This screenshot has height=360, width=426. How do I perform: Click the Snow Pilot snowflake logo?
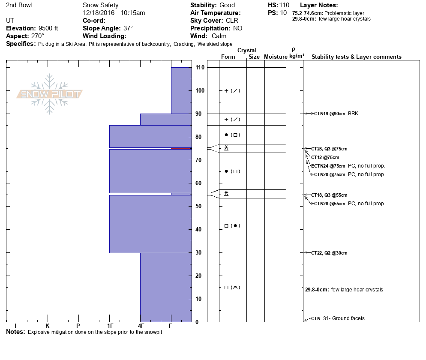49,94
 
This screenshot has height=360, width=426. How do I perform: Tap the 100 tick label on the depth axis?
200,91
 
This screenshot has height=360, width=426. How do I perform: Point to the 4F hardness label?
141,326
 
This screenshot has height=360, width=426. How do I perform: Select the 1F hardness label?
110,326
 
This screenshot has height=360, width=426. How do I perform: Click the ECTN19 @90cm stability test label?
328,114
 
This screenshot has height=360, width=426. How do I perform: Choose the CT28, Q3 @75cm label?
329,149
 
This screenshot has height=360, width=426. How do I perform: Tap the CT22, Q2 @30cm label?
329,253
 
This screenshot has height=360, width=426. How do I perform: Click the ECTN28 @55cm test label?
328,204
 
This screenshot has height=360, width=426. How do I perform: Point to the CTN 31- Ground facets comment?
338,318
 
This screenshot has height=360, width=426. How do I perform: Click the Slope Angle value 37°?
128,28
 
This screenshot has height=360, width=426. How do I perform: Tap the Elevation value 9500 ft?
48,28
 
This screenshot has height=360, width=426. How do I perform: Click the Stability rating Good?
227,5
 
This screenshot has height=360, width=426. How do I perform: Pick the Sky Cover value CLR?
232,21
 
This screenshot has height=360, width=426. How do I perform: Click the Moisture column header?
276,57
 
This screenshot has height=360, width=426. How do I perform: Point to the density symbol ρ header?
294,50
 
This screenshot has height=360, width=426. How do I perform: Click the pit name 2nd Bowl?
19,5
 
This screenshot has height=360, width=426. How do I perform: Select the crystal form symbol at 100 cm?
232,91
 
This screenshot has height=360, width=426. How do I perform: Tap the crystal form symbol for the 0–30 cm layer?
232,288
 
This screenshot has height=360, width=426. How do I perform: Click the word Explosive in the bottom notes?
38,332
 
